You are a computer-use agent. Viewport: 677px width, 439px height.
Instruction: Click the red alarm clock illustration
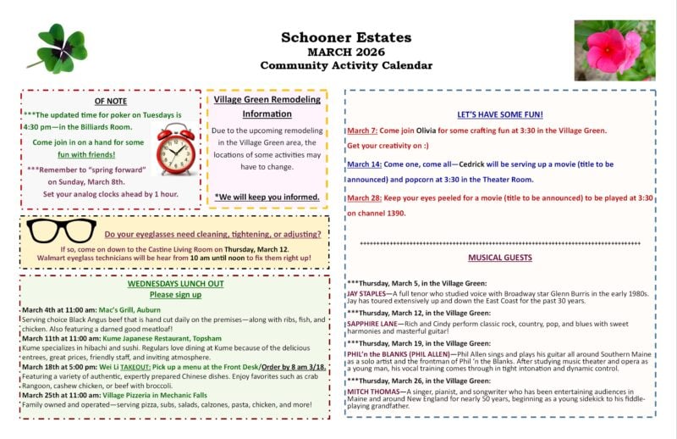point(175,148)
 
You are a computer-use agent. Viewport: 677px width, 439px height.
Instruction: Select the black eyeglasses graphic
point(62,231)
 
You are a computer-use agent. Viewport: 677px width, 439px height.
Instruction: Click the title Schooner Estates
point(346,37)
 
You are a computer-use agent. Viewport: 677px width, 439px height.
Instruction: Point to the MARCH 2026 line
point(346,52)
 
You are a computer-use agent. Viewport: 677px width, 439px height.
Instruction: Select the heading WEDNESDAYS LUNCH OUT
point(175,284)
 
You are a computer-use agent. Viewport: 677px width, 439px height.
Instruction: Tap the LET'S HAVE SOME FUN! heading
point(500,114)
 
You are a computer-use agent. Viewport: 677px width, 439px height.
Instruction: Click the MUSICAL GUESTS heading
point(500,258)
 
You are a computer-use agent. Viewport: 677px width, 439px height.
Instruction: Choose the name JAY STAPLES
point(371,292)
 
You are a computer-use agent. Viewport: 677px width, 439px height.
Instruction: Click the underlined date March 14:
point(365,164)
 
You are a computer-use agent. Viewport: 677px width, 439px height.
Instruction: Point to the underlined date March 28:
point(365,197)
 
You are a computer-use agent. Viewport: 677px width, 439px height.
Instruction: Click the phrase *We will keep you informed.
point(267,197)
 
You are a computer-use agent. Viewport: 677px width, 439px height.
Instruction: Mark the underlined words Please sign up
point(175,295)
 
